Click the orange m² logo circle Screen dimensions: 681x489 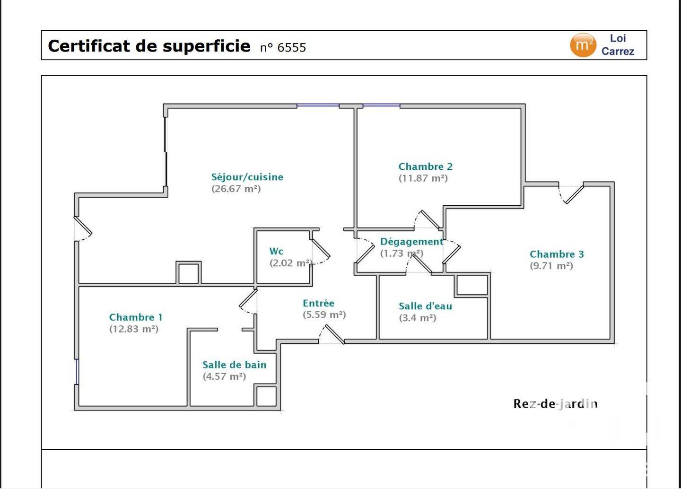tap(583, 45)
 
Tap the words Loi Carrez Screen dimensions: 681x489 tap(618, 45)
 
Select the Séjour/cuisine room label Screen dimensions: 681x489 tap(247, 177)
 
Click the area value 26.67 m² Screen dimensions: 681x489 tap(236, 189)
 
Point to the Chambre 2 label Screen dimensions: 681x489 tap(425, 166)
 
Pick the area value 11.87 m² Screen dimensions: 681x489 tap(423, 178)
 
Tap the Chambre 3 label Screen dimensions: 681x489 tap(557, 254)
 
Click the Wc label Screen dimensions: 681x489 tap(276, 252)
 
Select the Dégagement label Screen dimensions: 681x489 tap(411, 242)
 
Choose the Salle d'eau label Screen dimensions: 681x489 tap(425, 306)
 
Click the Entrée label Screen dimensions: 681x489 tap(318, 303)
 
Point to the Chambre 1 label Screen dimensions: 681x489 tap(136, 317)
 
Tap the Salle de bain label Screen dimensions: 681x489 tap(235, 365)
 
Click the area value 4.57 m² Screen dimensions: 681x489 tap(224, 377)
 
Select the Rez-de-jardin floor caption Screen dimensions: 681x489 tap(555, 404)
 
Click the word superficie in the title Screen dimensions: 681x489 tap(206, 46)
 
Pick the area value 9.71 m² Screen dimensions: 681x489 tap(551, 266)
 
